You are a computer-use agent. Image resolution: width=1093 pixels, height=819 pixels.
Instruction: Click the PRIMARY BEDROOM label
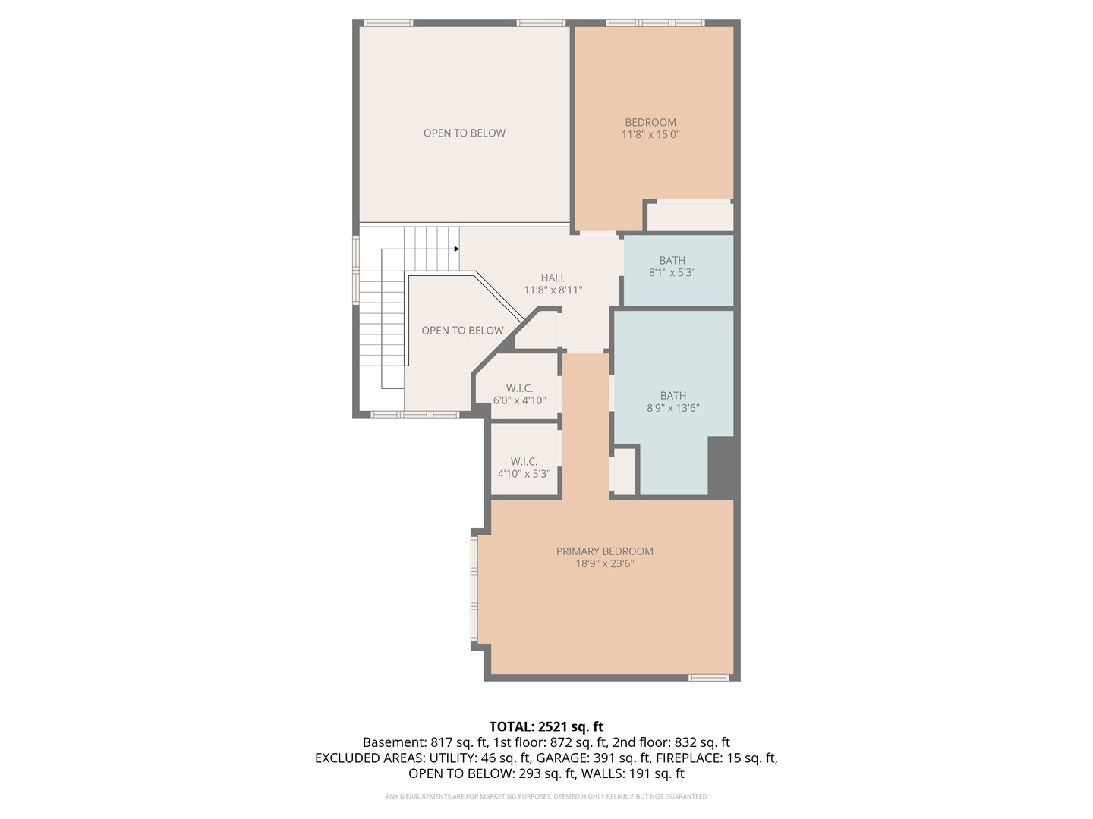tap(604, 551)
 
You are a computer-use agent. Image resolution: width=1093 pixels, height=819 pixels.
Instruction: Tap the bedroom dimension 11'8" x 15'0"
tap(650, 135)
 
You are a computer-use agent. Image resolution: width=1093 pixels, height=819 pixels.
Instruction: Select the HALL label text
tap(553, 278)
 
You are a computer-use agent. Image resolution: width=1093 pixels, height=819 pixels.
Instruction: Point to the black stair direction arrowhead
tap(456, 249)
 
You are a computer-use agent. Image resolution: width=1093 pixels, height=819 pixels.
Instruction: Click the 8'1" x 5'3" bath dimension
tap(672, 273)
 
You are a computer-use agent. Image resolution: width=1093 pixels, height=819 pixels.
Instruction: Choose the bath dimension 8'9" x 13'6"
tap(672, 408)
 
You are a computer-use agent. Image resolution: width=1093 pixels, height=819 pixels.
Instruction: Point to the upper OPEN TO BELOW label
tap(464, 133)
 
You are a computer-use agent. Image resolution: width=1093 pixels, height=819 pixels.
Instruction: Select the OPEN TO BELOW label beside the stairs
tap(462, 331)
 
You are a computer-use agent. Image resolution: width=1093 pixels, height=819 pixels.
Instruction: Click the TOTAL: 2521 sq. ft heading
tap(546, 726)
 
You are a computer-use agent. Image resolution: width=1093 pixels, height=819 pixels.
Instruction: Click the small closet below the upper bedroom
tap(689, 217)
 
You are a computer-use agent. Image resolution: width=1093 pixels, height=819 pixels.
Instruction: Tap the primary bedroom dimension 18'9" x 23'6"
tap(604, 563)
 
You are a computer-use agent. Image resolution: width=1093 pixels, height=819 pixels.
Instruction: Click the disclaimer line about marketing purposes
tap(546, 796)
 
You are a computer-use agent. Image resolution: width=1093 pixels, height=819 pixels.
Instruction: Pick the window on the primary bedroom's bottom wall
tap(708, 677)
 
